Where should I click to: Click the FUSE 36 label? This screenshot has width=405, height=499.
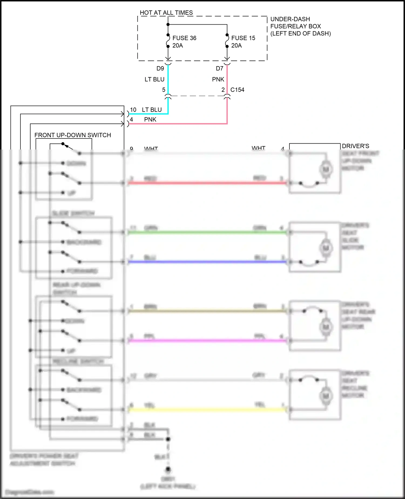click(x=184, y=38)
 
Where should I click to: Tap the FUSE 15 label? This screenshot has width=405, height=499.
click(x=243, y=38)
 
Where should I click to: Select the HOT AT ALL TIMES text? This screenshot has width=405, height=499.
click(x=166, y=13)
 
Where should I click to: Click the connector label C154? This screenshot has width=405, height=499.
click(x=237, y=90)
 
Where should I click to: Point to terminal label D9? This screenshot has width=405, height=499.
click(x=160, y=68)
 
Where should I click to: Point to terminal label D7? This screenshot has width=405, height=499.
click(x=219, y=68)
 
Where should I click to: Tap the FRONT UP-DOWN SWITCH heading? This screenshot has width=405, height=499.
click(x=73, y=135)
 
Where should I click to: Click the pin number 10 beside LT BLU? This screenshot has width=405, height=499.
click(x=133, y=110)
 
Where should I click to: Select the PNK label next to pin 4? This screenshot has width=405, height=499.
click(x=150, y=119)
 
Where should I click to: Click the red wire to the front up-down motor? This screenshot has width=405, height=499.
click(x=207, y=183)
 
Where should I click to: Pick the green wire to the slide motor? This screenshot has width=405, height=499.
click(x=207, y=232)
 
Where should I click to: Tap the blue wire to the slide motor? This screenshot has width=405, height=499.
click(x=207, y=262)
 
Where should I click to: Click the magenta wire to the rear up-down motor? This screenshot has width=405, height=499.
click(x=207, y=341)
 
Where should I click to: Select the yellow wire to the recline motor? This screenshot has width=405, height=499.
click(x=207, y=410)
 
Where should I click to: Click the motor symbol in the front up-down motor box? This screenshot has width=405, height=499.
click(x=326, y=169)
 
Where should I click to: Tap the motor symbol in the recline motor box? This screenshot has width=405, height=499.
click(x=326, y=396)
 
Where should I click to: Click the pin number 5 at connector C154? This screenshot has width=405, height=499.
click(x=164, y=90)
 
